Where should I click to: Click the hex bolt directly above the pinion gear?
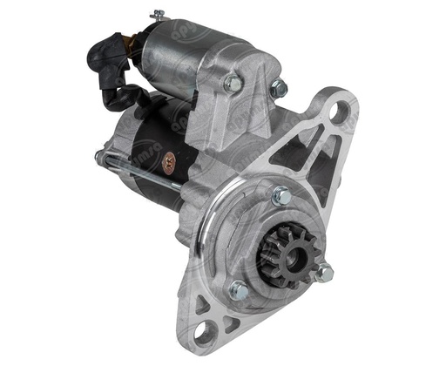(280, 197)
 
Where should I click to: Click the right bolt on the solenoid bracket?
(278, 88)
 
